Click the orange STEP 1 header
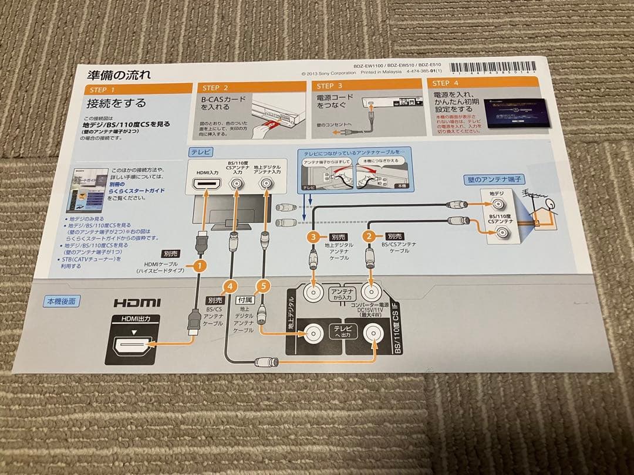[139, 89]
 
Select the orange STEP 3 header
[366, 86]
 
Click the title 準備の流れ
[119, 74]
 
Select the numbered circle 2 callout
[369, 236]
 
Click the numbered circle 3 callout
[314, 237]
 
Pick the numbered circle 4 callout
[230, 287]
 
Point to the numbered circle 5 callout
[264, 286]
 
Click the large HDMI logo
[137, 303]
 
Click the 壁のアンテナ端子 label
[487, 179]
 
